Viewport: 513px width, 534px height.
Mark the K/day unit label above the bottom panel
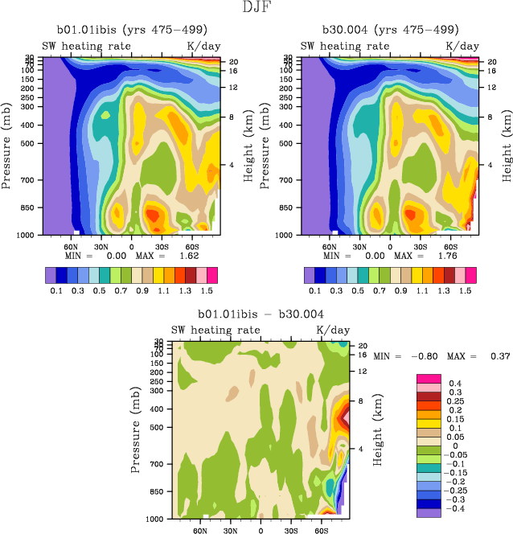coord(332,331)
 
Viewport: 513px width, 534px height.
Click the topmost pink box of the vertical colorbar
coord(428,378)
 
